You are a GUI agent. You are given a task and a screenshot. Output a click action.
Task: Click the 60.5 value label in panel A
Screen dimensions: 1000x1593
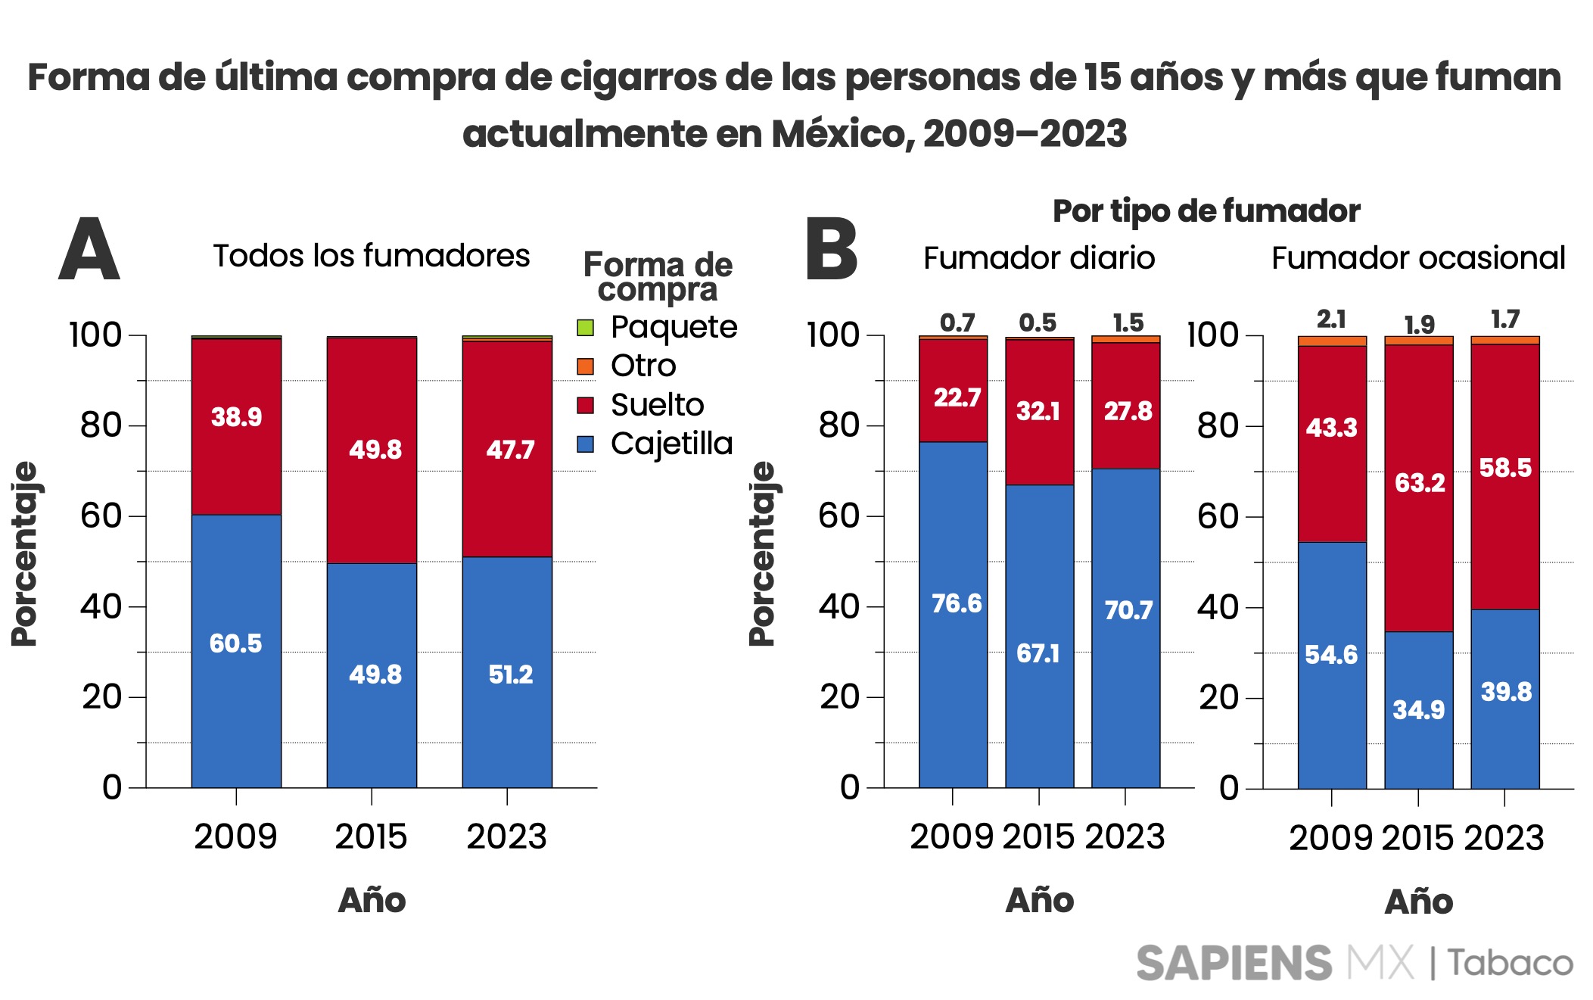(235, 643)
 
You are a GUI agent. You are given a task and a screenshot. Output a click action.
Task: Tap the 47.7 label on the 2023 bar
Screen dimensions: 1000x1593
(510, 450)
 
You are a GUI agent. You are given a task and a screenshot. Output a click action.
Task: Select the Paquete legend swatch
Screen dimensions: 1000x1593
(585, 328)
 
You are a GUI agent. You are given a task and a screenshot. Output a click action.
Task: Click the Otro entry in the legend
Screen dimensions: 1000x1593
(642, 366)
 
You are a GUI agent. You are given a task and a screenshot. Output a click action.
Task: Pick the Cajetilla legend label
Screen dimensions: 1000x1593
(671, 444)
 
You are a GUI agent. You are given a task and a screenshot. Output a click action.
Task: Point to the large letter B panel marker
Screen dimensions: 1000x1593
(831, 250)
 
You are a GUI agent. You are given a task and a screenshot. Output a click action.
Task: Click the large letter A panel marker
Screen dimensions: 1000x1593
(89, 250)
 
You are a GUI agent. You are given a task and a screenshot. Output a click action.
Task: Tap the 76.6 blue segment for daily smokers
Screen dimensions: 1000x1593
(956, 603)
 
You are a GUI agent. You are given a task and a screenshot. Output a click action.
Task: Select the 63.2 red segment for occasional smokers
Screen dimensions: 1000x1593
(1420, 482)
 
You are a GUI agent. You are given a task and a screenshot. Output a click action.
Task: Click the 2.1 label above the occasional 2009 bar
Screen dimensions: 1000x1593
(1331, 319)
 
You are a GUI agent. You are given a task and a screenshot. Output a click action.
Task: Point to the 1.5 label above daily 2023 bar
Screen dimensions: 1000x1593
(1128, 322)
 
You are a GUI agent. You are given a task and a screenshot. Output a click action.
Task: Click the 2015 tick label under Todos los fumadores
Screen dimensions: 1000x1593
(371, 836)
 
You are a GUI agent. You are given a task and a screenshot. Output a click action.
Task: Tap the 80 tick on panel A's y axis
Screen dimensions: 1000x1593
(101, 425)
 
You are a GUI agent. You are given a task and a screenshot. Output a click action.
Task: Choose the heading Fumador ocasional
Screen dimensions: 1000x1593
(1417, 258)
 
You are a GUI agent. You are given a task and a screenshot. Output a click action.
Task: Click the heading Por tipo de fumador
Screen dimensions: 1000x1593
(1206, 211)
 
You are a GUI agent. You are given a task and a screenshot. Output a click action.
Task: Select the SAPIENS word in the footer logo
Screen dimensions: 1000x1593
(1234, 963)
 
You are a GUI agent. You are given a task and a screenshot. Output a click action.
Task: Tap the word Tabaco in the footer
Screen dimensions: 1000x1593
(1510, 963)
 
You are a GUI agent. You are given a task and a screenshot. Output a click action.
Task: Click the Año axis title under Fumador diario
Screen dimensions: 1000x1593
(1039, 900)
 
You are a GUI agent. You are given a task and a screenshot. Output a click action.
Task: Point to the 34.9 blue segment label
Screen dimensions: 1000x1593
(1418, 709)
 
